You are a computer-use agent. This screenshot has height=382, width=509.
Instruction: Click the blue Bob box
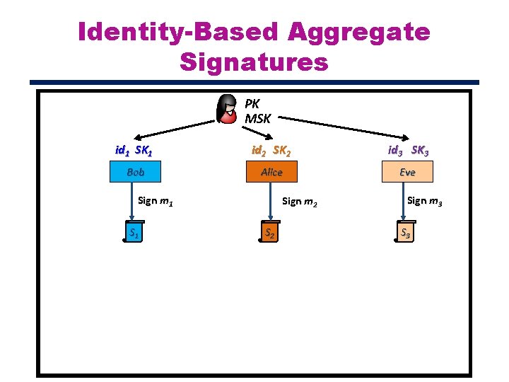(136, 172)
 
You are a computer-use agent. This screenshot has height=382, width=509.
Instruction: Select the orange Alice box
(271, 172)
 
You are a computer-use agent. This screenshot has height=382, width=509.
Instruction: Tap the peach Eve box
(407, 172)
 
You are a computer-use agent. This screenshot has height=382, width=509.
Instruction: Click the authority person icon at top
(228, 108)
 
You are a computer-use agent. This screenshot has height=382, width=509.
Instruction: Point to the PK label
(252, 103)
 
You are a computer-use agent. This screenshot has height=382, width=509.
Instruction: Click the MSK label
(258, 118)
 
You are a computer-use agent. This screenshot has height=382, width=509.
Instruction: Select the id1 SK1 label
(134, 150)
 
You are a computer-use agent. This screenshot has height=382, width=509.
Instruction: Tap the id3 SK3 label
(407, 150)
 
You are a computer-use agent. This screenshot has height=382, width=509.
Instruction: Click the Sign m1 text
(156, 201)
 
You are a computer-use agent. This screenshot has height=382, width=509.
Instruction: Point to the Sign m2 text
(300, 202)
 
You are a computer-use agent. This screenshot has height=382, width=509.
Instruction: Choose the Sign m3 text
(426, 201)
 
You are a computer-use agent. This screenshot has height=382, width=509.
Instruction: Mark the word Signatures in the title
(255, 62)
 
